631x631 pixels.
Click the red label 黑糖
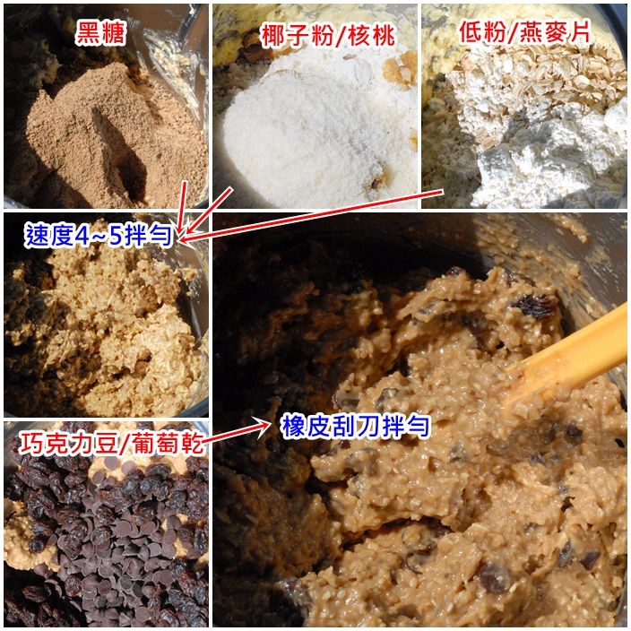click(100, 32)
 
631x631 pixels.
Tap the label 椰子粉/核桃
click(328, 36)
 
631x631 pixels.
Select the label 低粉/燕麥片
click(524, 31)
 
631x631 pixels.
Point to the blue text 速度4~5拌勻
click(99, 235)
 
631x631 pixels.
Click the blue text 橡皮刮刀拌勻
click(355, 426)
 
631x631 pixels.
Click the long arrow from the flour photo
click(311, 216)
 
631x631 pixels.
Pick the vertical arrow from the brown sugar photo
click(182, 208)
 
